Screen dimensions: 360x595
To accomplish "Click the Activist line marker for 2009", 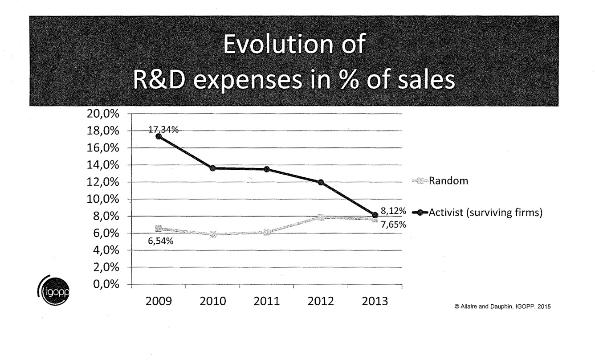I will pyautogui.click(x=159, y=136).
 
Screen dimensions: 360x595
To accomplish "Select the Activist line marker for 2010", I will pyautogui.click(x=213, y=168).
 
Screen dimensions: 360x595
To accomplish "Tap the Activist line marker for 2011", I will pyautogui.click(x=267, y=169).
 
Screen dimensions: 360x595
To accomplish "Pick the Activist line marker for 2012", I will pyautogui.click(x=321, y=182).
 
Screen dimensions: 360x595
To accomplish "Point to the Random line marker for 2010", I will pyautogui.click(x=213, y=234).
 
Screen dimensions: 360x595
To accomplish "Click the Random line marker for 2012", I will pyautogui.click(x=321, y=217).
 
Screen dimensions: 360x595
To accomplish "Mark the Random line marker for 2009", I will pyautogui.click(x=159, y=229).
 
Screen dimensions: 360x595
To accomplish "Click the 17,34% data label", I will pyautogui.click(x=163, y=130).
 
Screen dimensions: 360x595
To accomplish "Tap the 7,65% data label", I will pyautogui.click(x=393, y=225).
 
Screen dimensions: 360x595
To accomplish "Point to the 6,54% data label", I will pyautogui.click(x=161, y=242).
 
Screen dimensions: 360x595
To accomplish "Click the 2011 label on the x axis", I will pyautogui.click(x=266, y=301).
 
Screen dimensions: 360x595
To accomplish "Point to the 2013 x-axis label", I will pyautogui.click(x=375, y=301).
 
